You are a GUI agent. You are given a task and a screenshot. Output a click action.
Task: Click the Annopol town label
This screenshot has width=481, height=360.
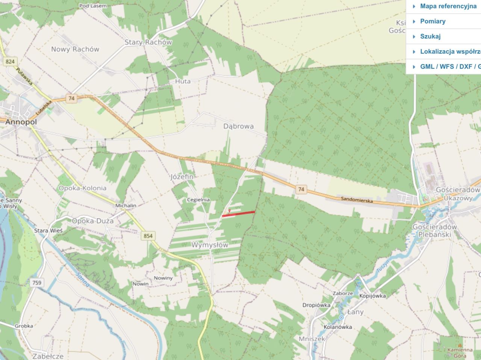(x=21, y=122)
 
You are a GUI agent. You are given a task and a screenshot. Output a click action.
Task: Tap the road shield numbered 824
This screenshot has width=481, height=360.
(x=10, y=62)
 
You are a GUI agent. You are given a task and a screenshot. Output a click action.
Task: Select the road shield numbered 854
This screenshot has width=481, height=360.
(x=148, y=236)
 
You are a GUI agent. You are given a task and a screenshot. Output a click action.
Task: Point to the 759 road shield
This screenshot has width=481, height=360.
(x=37, y=283)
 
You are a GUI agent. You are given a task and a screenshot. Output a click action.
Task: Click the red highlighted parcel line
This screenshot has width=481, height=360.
(x=239, y=214)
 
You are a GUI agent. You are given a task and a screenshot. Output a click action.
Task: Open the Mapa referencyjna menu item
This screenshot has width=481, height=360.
(x=448, y=6)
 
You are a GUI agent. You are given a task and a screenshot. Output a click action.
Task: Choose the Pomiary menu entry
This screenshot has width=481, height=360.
(x=433, y=21)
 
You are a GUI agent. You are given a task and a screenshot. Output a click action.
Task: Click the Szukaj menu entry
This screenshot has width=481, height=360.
(x=430, y=36)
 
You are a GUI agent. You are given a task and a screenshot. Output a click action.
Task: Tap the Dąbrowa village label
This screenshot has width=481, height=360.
(x=239, y=127)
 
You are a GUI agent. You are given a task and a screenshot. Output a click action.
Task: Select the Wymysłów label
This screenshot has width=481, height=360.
(x=210, y=245)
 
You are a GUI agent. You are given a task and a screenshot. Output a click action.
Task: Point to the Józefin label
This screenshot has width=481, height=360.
(x=182, y=176)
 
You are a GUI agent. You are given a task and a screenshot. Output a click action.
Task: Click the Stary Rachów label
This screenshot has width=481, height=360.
(x=148, y=42)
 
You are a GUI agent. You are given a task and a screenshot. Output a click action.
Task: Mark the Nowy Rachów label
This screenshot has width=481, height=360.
(x=75, y=49)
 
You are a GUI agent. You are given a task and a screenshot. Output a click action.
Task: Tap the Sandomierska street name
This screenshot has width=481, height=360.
(x=357, y=200)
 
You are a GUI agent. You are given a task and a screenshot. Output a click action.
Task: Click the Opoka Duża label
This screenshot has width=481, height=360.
(x=93, y=221)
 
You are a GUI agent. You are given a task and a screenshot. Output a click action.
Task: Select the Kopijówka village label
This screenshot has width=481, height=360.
(x=372, y=295)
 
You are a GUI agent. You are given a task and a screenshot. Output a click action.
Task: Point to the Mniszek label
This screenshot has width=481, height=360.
(x=312, y=339)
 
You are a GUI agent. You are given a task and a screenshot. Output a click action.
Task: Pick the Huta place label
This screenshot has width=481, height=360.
(x=183, y=81)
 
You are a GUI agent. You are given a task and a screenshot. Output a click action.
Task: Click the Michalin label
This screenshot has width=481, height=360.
(x=126, y=205)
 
